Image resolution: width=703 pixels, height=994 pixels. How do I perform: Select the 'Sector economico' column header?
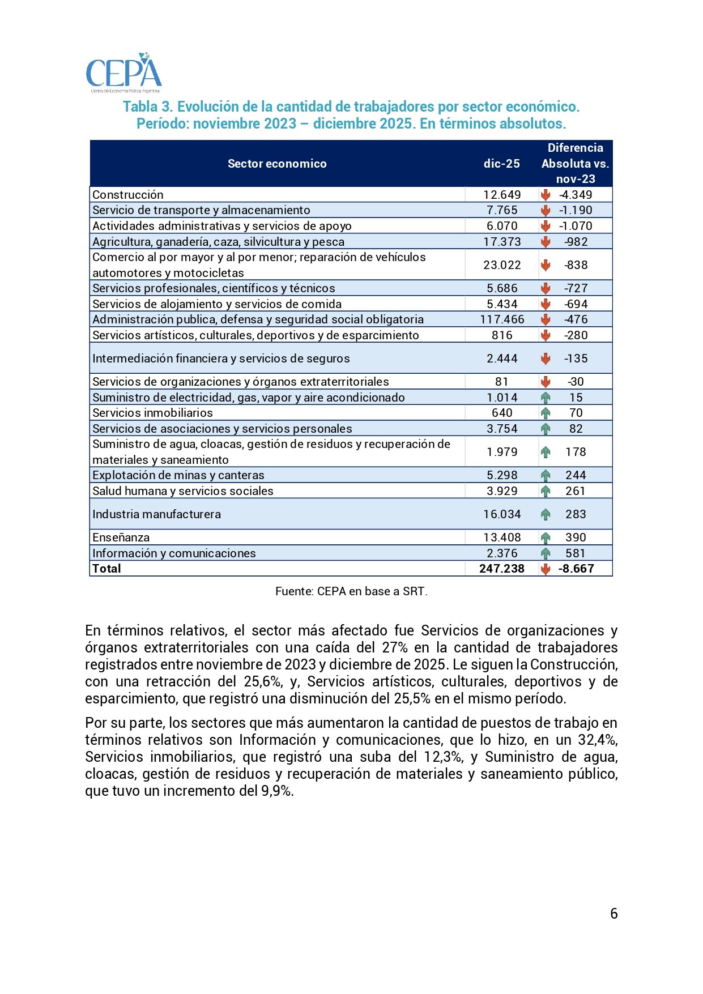point(277,164)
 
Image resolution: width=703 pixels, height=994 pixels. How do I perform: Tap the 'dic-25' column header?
point(501,164)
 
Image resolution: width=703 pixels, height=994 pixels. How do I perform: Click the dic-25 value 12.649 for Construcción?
point(502,195)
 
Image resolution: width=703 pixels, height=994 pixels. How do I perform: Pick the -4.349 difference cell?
point(576,195)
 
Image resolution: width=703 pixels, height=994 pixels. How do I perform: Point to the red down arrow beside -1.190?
point(546,210)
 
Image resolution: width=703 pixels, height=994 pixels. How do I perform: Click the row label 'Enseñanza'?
point(121,537)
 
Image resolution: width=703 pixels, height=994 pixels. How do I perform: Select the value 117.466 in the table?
point(502,319)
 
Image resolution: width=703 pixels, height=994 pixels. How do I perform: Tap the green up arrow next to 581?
point(546,553)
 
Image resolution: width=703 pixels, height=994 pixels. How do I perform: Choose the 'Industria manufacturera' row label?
point(157,514)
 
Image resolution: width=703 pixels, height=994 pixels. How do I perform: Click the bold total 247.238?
point(502,569)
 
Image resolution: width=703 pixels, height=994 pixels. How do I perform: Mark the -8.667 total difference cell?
point(576,569)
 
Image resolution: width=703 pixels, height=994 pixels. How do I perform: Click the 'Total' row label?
point(107,569)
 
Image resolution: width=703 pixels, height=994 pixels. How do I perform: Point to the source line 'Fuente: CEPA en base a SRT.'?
point(351,591)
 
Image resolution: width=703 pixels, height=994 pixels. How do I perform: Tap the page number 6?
point(614,913)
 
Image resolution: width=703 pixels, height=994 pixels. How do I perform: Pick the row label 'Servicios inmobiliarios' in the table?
point(153,413)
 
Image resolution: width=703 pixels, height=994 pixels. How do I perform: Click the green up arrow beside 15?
point(546,398)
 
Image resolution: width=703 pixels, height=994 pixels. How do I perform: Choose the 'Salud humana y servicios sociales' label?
point(183,491)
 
